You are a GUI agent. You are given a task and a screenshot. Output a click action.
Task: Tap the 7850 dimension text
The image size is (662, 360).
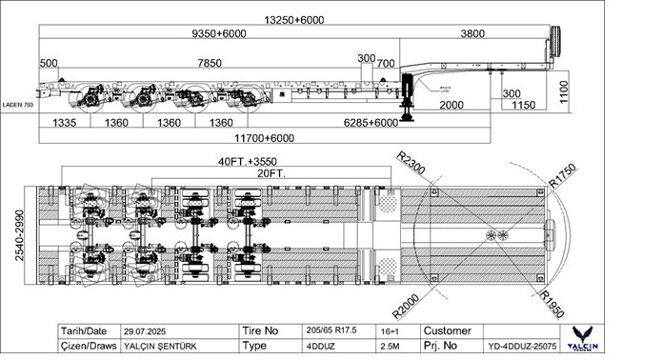pyautogui.click(x=224, y=64)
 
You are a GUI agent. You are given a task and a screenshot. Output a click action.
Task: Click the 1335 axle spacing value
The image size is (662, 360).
pyautogui.click(x=65, y=124)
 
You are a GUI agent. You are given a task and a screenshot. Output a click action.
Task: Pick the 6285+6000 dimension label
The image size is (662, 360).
pyautogui.click(x=371, y=124)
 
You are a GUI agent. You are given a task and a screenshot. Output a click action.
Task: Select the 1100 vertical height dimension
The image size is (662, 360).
pyautogui.click(x=564, y=92)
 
